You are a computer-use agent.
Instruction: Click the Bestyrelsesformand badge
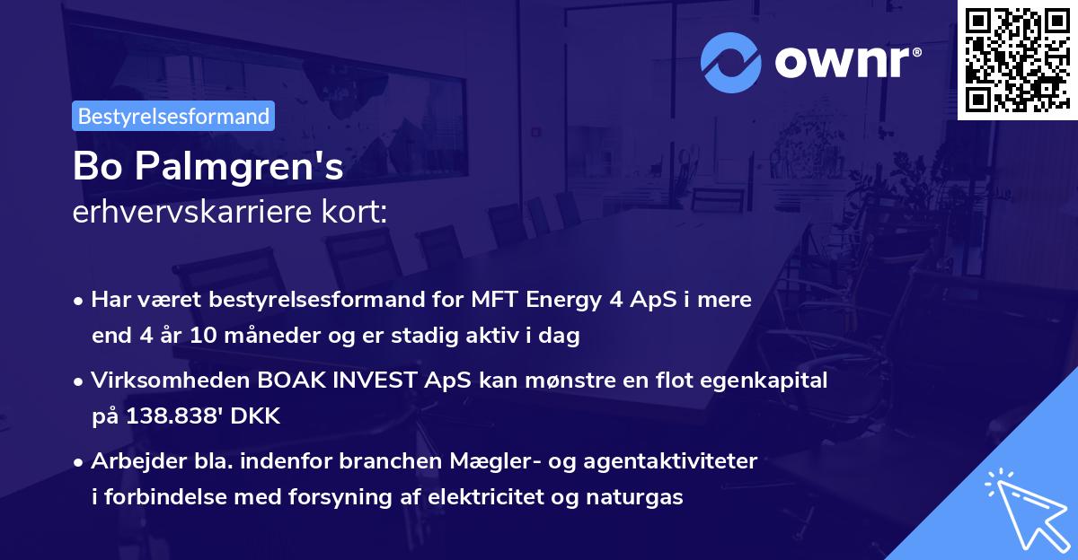(173, 116)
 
